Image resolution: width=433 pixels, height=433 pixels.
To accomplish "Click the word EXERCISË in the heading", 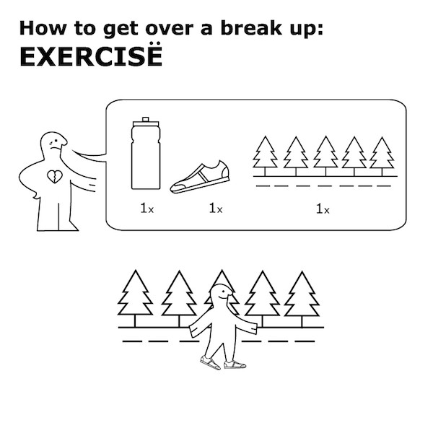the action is pyautogui.click(x=91, y=56).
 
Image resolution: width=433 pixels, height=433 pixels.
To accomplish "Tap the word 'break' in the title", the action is pyautogui.click(x=250, y=28).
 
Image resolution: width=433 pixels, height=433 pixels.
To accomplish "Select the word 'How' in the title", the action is pyautogui.click(x=43, y=28).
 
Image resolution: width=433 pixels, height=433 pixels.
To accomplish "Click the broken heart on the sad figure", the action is pyautogui.click(x=55, y=177).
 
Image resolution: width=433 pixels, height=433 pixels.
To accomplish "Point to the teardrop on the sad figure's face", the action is pyautogui.click(x=51, y=144).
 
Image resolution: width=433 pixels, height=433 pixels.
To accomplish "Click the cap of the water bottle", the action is pyautogui.click(x=146, y=120).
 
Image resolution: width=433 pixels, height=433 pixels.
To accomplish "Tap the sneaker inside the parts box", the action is pyautogui.click(x=200, y=178).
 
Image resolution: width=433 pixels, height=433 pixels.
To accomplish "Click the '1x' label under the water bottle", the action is pyautogui.click(x=147, y=209).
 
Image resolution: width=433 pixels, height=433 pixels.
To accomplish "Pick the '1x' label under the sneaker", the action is pyautogui.click(x=216, y=209).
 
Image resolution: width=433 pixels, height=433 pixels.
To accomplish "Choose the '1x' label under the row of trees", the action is pyautogui.click(x=323, y=209).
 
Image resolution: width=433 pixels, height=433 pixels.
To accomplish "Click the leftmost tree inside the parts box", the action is pyautogui.click(x=265, y=156).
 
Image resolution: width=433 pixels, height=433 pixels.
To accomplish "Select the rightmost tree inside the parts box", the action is pyautogui.click(x=382, y=156).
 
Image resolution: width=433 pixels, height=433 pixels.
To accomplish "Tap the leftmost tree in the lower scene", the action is pyautogui.click(x=135, y=298).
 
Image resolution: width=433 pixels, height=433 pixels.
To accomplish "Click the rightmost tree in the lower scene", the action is pyautogui.click(x=302, y=299).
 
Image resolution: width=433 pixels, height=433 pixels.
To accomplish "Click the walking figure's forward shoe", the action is pyautogui.click(x=235, y=364).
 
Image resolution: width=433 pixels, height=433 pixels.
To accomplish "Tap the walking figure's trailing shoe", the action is pyautogui.click(x=210, y=362).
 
